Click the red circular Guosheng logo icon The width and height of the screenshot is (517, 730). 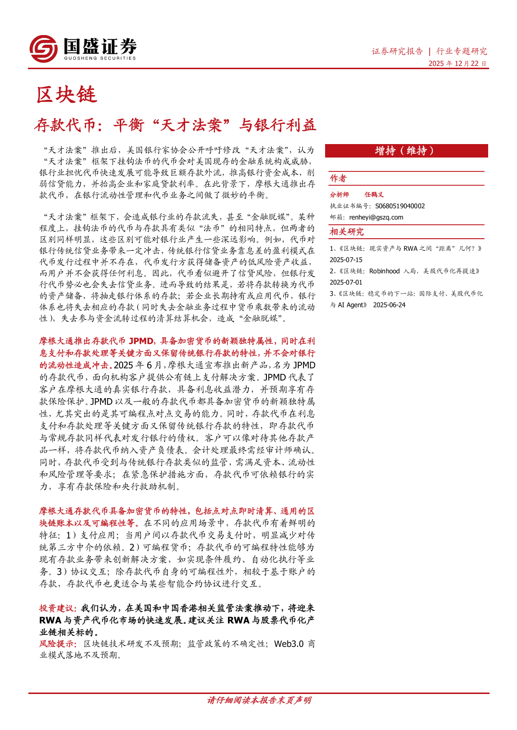click(x=43, y=49)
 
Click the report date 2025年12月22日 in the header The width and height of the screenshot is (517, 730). click(x=457, y=63)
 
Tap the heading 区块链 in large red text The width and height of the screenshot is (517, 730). click(x=66, y=95)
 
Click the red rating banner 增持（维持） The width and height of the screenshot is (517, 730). click(x=406, y=151)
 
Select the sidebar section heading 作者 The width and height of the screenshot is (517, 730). click(x=338, y=179)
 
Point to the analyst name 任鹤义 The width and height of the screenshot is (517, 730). click(x=374, y=195)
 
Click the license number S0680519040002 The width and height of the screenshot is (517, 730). click(x=400, y=206)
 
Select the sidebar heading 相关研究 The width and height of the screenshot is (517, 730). click(x=347, y=232)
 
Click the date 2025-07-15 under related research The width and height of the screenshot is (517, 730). click(x=346, y=260)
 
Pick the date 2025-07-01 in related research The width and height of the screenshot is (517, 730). click(x=346, y=282)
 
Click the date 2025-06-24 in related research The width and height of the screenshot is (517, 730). click(x=389, y=305)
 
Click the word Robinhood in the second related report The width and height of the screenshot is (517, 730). click(x=384, y=271)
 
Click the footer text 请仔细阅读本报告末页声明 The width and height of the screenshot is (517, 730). click(x=259, y=700)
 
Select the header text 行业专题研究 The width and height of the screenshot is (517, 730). click(x=461, y=51)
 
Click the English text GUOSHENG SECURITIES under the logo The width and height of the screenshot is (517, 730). click(x=100, y=58)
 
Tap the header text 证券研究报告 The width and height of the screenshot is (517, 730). click(x=397, y=51)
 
